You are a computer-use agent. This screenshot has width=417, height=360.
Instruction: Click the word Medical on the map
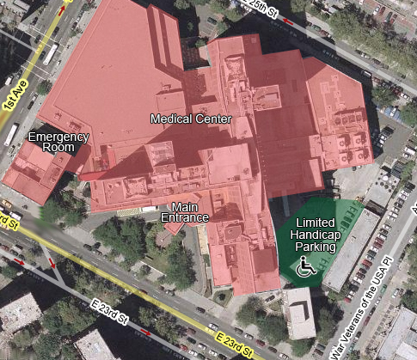(170, 118)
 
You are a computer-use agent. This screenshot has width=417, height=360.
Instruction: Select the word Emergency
(58, 137)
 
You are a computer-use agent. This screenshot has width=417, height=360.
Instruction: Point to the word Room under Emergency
(58, 148)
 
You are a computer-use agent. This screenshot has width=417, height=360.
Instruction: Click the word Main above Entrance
(185, 206)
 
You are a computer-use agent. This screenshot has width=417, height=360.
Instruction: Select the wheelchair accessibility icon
(305, 268)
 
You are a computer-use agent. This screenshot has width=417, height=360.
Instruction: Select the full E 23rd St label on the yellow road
(235, 341)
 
